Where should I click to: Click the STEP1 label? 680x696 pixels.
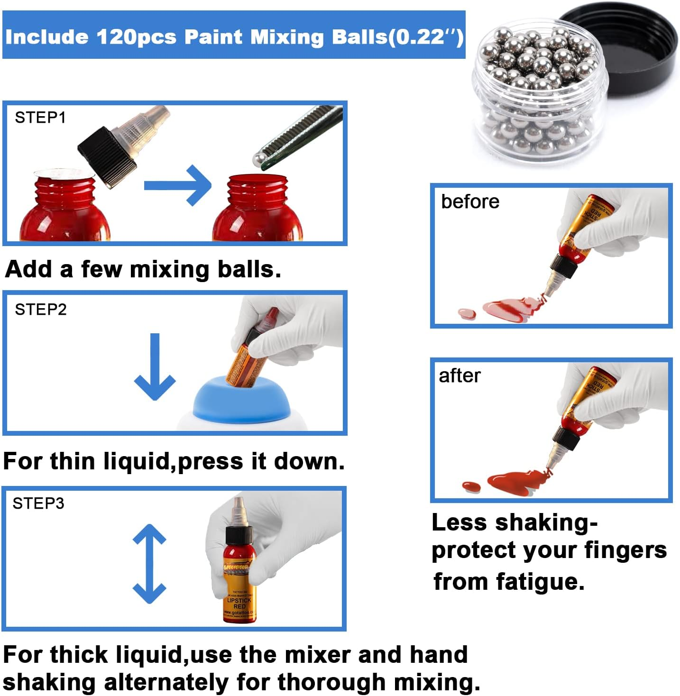click(40, 118)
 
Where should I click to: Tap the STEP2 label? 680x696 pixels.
click(41, 310)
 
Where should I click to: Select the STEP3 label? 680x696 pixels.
click(38, 503)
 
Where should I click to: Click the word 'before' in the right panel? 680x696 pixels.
click(470, 202)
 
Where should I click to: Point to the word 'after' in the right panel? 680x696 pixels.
click(459, 375)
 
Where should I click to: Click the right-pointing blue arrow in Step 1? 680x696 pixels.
click(177, 185)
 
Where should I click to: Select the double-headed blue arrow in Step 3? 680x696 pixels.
click(149, 564)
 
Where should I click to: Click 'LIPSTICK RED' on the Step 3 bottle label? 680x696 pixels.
click(239, 603)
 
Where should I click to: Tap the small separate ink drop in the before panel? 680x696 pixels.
click(467, 312)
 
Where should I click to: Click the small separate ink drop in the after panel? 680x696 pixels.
click(471, 486)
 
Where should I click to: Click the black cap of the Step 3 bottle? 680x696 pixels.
click(239, 534)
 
